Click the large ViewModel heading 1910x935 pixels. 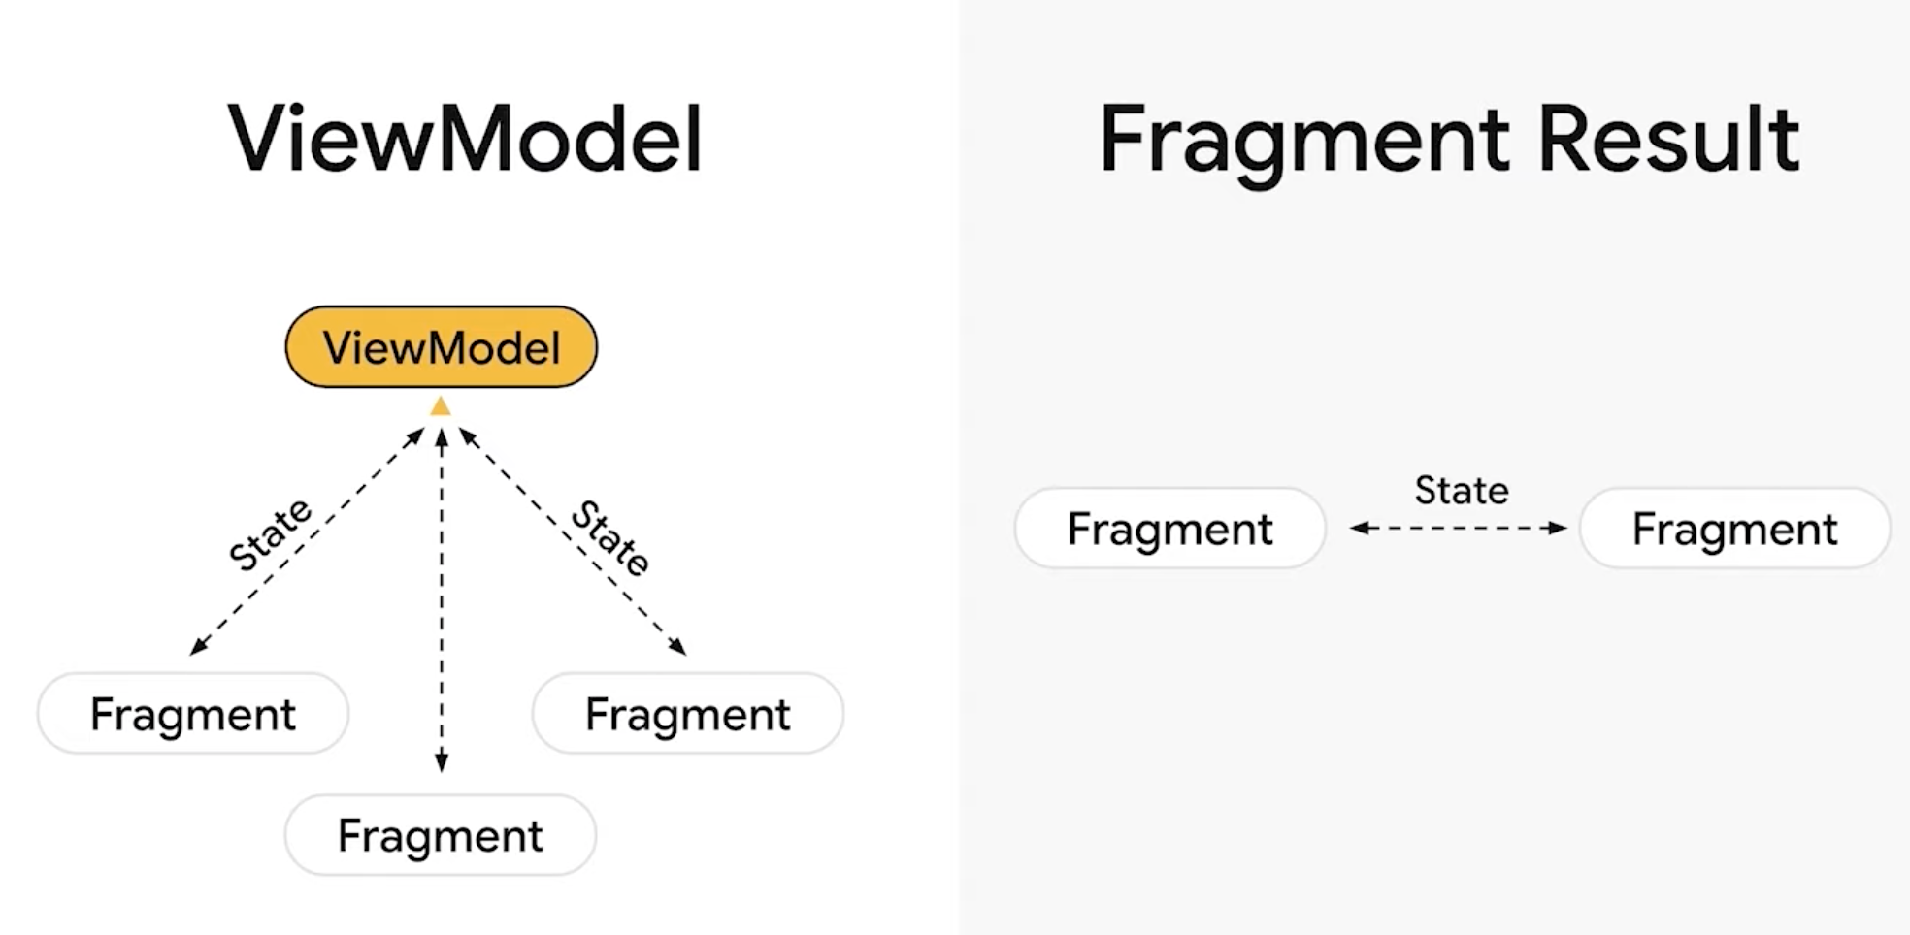pyautogui.click(x=465, y=138)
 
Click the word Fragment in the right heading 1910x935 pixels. pyautogui.click(x=1303, y=143)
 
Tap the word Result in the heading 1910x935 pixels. pyautogui.click(x=1669, y=139)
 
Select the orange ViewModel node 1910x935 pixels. pyautogui.click(x=442, y=347)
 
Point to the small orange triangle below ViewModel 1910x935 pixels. pyautogui.click(x=441, y=406)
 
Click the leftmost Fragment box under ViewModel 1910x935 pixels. pyautogui.click(x=193, y=714)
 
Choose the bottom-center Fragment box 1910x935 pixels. pyautogui.click(x=441, y=835)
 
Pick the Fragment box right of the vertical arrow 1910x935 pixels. pyautogui.click(x=688, y=714)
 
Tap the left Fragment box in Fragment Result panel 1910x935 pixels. pyautogui.click(x=1170, y=529)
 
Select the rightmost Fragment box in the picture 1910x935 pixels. pyautogui.click(x=1735, y=529)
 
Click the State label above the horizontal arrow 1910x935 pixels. pyautogui.click(x=1462, y=491)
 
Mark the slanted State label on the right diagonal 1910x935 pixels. pyautogui.click(x=610, y=537)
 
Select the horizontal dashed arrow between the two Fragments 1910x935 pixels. pyautogui.click(x=1459, y=528)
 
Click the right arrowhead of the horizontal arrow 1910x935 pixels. pyautogui.click(x=1559, y=528)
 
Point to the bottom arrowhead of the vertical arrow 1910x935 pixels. pyautogui.click(x=442, y=763)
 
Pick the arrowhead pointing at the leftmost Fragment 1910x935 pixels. pyautogui.click(x=198, y=647)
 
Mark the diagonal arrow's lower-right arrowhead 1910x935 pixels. pyautogui.click(x=678, y=647)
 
